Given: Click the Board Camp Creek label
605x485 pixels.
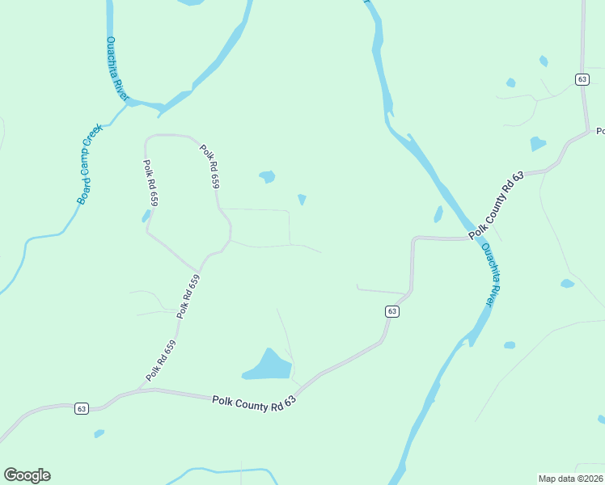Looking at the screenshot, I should (90, 163).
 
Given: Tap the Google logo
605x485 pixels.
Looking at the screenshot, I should (27, 475).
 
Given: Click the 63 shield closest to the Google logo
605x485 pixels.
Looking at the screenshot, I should (82, 409).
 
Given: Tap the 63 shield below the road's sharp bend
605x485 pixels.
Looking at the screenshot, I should (391, 311).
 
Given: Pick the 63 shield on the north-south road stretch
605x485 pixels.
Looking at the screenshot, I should (582, 79).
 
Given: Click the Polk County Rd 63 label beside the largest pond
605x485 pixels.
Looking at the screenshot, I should (255, 401).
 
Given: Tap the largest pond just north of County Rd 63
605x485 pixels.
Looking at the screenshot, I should (269, 365).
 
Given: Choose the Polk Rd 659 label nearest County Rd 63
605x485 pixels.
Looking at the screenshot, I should (161, 361).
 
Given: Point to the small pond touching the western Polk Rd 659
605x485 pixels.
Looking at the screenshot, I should (146, 217).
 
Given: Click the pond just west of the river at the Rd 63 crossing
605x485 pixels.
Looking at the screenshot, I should (438, 214).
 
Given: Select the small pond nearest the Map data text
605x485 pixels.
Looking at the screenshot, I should (601, 419).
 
